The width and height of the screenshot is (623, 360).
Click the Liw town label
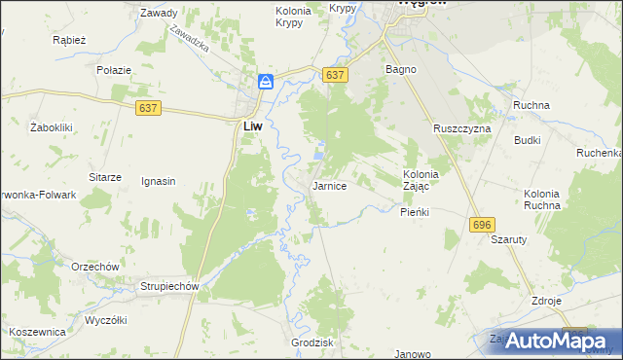[251, 126]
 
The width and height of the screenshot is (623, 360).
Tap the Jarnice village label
[329, 185]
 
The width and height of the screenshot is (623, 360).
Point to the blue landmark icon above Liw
[265, 83]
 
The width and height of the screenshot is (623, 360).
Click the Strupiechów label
[168, 287]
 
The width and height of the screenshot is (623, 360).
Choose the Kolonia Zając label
[421, 180]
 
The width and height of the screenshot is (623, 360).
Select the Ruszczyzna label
[462, 128]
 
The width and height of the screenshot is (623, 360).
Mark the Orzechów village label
[94, 266]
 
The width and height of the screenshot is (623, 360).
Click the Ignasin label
[158, 181]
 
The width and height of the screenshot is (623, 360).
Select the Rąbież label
[70, 41]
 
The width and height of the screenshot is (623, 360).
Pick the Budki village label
[528, 140]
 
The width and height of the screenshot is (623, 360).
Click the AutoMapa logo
[550, 341]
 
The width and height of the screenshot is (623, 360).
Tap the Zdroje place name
[546, 301]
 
